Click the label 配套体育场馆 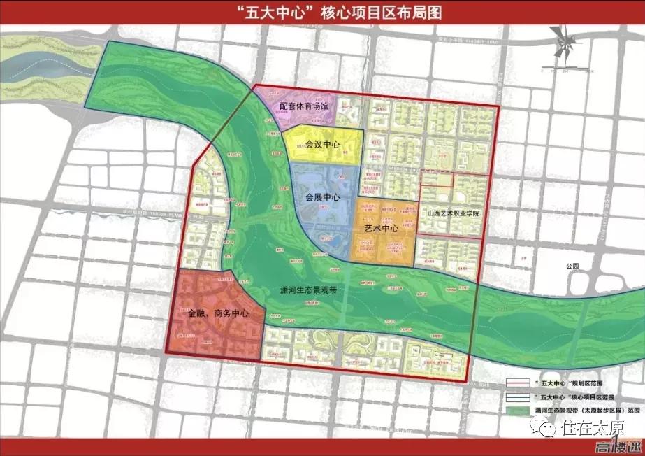304,106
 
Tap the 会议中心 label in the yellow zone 322,145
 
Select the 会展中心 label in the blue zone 322,198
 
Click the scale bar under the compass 556,70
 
